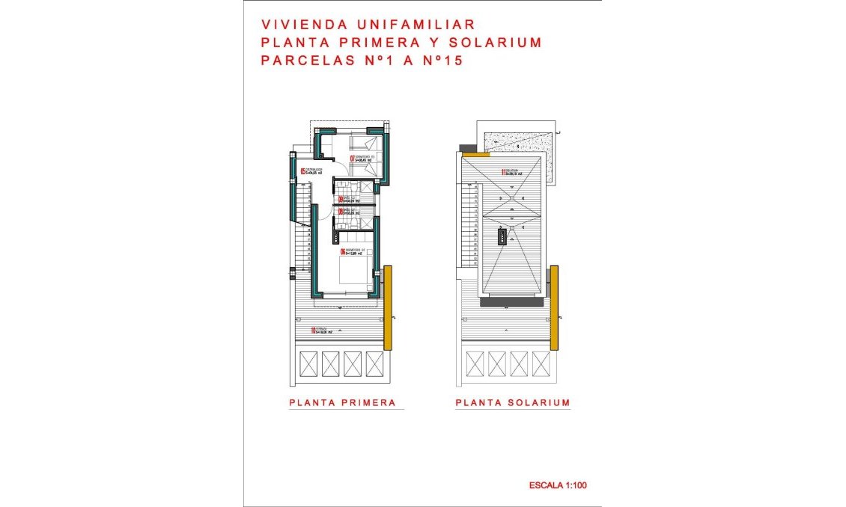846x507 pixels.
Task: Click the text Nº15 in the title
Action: point(442,61)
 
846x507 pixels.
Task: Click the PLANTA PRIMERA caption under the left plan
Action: point(342,402)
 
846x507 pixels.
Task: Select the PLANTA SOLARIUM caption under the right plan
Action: point(513,402)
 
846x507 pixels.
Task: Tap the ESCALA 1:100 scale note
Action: point(558,485)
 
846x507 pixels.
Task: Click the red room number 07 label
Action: point(353,158)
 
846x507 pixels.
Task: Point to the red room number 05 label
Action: point(303,171)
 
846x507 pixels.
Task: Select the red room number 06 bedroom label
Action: point(343,252)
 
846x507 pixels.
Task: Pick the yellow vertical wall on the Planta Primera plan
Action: point(388,307)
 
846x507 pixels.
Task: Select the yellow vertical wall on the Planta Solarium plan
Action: point(554,307)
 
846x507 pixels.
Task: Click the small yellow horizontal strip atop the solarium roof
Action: point(475,154)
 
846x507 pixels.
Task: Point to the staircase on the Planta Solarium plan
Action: point(472,224)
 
